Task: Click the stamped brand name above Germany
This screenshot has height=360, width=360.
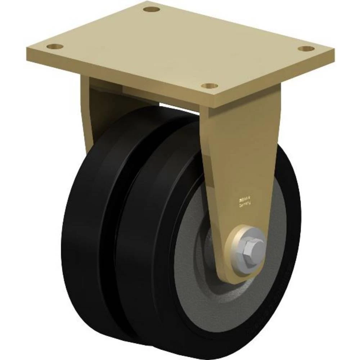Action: [x=245, y=197]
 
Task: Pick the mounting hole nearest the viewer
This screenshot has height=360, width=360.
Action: [x=209, y=86]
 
